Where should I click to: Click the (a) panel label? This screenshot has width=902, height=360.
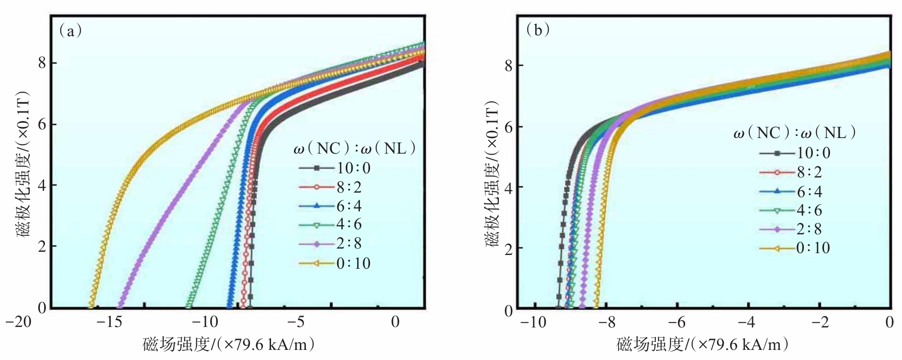(x=70, y=31)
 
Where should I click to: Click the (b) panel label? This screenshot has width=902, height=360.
(x=538, y=30)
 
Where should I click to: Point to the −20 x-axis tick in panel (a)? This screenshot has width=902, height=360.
(x=19, y=322)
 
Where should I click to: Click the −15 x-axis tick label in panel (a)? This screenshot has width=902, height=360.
(x=110, y=322)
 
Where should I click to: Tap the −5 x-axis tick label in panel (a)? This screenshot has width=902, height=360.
(x=298, y=322)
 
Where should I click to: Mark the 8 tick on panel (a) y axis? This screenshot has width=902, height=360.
(x=42, y=63)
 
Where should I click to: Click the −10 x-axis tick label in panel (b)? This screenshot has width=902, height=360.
(x=533, y=322)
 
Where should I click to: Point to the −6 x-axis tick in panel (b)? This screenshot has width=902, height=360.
(x=677, y=322)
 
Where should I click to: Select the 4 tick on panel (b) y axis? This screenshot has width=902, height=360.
(x=509, y=188)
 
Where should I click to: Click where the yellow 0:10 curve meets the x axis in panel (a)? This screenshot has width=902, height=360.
(x=91, y=306)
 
